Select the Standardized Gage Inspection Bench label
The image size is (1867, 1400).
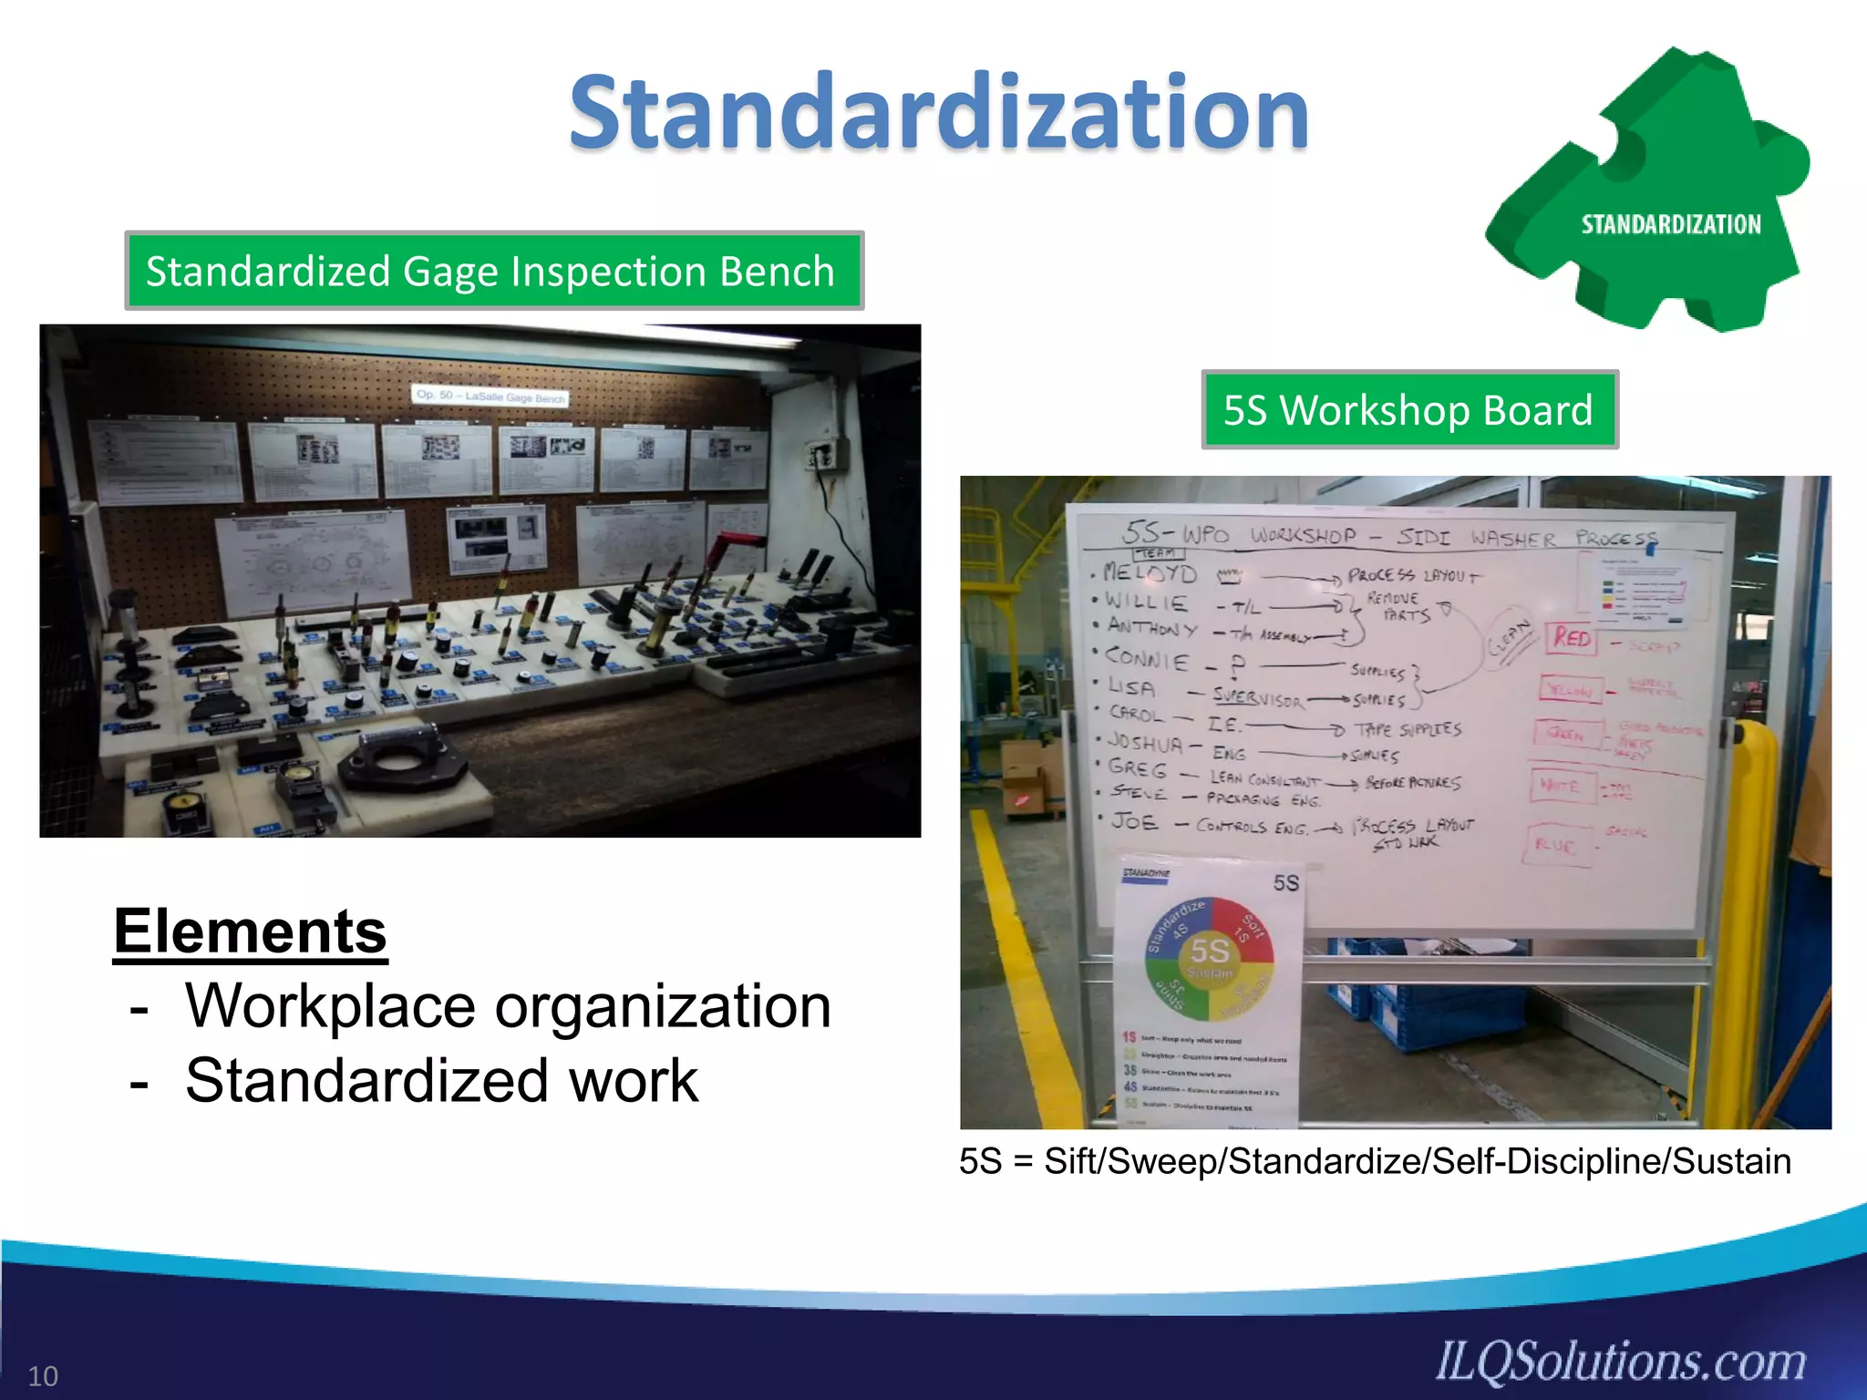(493, 272)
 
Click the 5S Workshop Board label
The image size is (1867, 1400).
(1408, 410)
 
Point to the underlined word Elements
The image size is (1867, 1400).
(251, 932)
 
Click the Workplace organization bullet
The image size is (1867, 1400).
(507, 1006)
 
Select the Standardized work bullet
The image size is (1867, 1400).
(441, 1081)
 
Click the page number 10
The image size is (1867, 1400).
(43, 1375)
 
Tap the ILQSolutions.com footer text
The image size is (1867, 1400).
(1621, 1362)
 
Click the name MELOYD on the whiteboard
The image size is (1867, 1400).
(1150, 573)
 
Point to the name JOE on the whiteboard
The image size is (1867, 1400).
(1135, 822)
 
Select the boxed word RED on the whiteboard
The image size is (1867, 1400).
(1573, 638)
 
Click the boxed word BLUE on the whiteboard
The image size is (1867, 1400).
(1555, 845)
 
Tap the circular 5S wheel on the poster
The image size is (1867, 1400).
(1209, 961)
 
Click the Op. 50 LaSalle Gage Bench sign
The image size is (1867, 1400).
(490, 396)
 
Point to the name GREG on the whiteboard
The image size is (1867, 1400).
(1138, 767)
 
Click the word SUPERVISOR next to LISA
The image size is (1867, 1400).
(1258, 697)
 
